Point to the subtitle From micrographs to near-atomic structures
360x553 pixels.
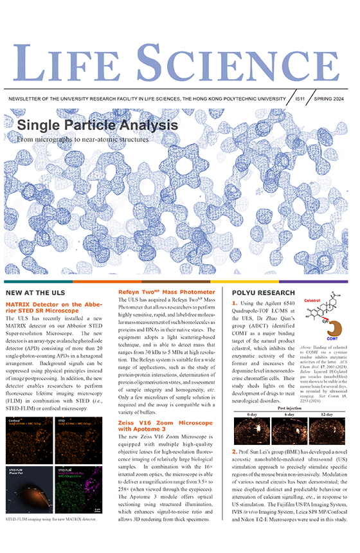tap(82, 138)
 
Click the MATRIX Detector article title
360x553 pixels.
tap(57, 306)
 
